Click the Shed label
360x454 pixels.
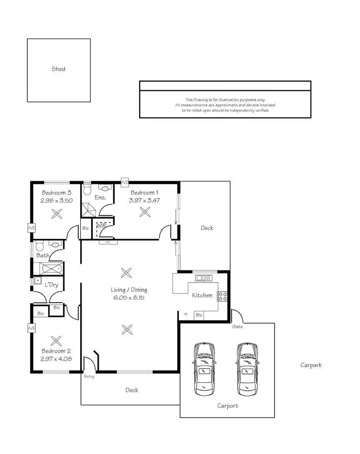click(59, 69)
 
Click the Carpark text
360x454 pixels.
click(311, 365)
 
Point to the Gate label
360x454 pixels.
click(238, 327)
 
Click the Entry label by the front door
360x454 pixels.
click(89, 376)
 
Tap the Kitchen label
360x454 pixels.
click(202, 295)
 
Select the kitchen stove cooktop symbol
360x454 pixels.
click(223, 296)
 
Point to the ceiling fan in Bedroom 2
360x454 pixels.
click(56, 341)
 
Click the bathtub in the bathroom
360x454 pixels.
click(49, 268)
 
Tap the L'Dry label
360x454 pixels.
click(52, 285)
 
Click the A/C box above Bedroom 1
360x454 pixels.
click(125, 183)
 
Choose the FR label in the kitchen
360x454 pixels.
click(186, 314)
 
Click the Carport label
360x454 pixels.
click(227, 406)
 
